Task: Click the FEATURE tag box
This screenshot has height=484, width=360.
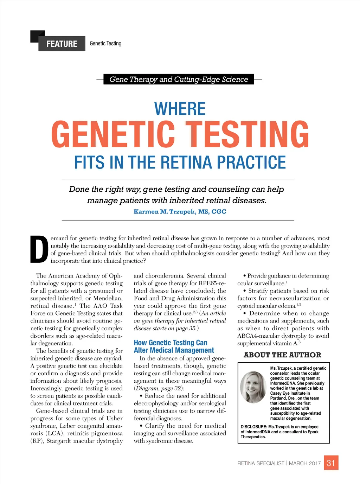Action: [62, 44]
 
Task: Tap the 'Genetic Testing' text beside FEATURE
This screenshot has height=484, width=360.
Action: [105, 44]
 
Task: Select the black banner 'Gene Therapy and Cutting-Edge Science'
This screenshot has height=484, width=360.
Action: [179, 79]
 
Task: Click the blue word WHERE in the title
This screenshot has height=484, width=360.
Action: [180, 109]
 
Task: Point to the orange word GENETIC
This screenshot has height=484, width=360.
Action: [113, 134]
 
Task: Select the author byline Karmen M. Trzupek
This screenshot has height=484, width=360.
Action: [180, 212]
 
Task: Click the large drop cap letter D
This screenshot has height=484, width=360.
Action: [39, 250]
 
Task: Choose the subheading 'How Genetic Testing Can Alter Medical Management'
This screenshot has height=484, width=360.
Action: [174, 346]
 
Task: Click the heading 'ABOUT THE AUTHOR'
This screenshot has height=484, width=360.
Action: [282, 355]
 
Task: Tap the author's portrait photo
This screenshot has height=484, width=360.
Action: [253, 387]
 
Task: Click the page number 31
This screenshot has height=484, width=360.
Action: [331, 463]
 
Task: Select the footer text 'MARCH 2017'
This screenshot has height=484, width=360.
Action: [305, 463]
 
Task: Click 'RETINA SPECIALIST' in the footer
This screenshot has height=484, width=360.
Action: [261, 463]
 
